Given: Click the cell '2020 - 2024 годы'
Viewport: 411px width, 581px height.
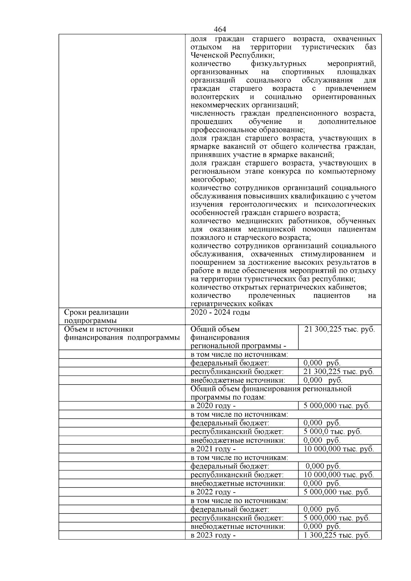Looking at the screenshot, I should [220, 312].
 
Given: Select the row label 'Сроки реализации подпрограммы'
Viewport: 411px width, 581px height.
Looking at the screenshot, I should [96, 316].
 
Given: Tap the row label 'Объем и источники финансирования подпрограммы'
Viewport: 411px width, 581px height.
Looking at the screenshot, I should [122, 333].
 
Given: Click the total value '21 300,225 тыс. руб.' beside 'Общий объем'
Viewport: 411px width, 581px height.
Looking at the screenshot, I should [339, 329].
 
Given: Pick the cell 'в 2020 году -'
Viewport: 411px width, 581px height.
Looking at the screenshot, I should [213, 406].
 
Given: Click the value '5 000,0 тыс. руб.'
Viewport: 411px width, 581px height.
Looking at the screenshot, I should [332, 432].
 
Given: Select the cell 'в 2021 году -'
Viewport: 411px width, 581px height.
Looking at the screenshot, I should [213, 449].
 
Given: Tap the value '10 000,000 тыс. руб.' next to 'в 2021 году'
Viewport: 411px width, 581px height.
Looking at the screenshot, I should [338, 449].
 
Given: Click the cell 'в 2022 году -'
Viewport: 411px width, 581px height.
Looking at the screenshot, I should [213, 492].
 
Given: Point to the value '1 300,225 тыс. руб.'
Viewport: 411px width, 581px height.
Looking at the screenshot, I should [336, 535].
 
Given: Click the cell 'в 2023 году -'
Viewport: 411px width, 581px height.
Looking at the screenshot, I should [213, 535].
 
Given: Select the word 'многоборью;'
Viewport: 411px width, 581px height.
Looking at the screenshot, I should [213, 180].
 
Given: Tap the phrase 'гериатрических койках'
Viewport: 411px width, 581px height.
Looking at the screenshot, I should [232, 304].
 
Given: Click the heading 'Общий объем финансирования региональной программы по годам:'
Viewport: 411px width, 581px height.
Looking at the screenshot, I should [271, 393].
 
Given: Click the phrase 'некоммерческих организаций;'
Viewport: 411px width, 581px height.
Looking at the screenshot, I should [244, 105].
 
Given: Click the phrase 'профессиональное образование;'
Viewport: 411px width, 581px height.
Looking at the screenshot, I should [247, 130].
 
